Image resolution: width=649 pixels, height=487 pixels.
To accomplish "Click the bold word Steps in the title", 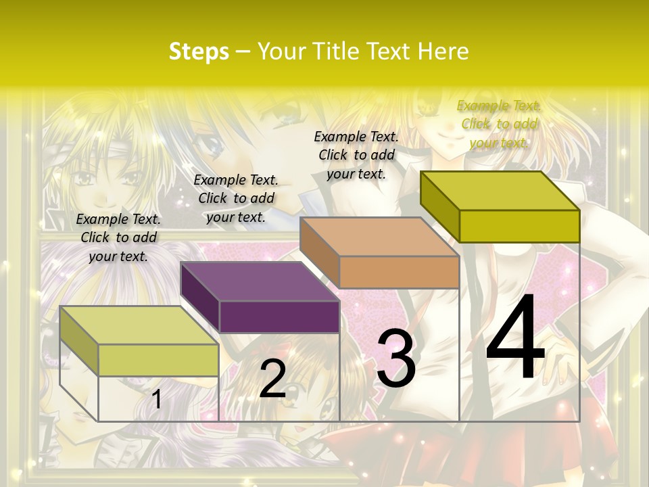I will [198, 51].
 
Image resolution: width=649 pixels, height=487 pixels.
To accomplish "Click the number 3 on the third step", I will [395, 358].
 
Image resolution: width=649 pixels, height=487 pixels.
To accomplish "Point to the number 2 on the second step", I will [272, 379].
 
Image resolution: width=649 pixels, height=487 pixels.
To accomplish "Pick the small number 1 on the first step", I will [157, 400].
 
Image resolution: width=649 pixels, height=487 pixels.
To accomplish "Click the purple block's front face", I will [279, 317].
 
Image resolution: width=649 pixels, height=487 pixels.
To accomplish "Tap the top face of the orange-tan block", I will [379, 237].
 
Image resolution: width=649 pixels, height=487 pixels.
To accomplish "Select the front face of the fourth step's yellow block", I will [519, 226].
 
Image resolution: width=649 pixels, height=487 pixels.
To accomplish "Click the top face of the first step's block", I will [139, 325].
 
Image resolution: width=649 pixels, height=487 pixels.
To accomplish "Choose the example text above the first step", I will [118, 237].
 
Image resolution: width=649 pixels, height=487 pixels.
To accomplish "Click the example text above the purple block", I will [236, 198].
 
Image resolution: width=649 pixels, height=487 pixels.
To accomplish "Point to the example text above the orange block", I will [356, 155].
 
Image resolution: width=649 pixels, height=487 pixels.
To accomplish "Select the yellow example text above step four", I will [499, 124].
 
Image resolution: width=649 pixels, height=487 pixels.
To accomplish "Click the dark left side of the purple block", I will [200, 296].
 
